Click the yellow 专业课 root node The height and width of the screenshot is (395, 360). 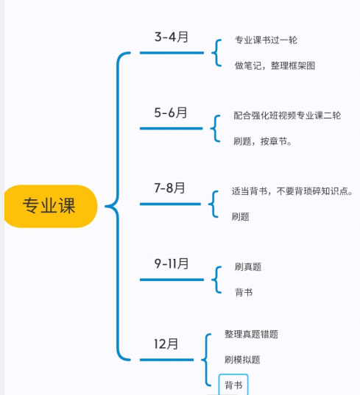point(51,206)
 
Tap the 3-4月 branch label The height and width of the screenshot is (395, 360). point(172,37)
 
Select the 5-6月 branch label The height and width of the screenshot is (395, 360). point(171,113)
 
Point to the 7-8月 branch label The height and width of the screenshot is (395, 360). point(169,188)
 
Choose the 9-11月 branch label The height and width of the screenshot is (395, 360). point(172,264)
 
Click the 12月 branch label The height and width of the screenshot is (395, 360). point(166,344)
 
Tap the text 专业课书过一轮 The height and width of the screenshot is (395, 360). point(266,40)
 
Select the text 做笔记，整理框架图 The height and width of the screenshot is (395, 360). point(275,65)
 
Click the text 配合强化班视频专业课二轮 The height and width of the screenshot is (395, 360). point(287,115)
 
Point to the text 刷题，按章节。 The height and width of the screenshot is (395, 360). point(262,141)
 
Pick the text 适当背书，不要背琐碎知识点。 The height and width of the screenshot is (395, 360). point(292,191)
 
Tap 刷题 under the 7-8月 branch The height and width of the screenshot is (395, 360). point(241,217)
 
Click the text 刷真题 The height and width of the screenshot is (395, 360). point(248,267)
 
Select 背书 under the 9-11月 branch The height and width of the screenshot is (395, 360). point(244,293)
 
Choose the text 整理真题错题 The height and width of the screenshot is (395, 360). point(251,334)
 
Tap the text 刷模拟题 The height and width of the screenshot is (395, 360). point(242,360)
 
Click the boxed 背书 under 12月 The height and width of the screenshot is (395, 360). point(233,385)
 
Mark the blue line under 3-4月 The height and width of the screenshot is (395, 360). point(172,53)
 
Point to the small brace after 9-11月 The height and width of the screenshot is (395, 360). point(216,280)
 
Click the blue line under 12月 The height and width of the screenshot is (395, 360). point(166,360)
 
